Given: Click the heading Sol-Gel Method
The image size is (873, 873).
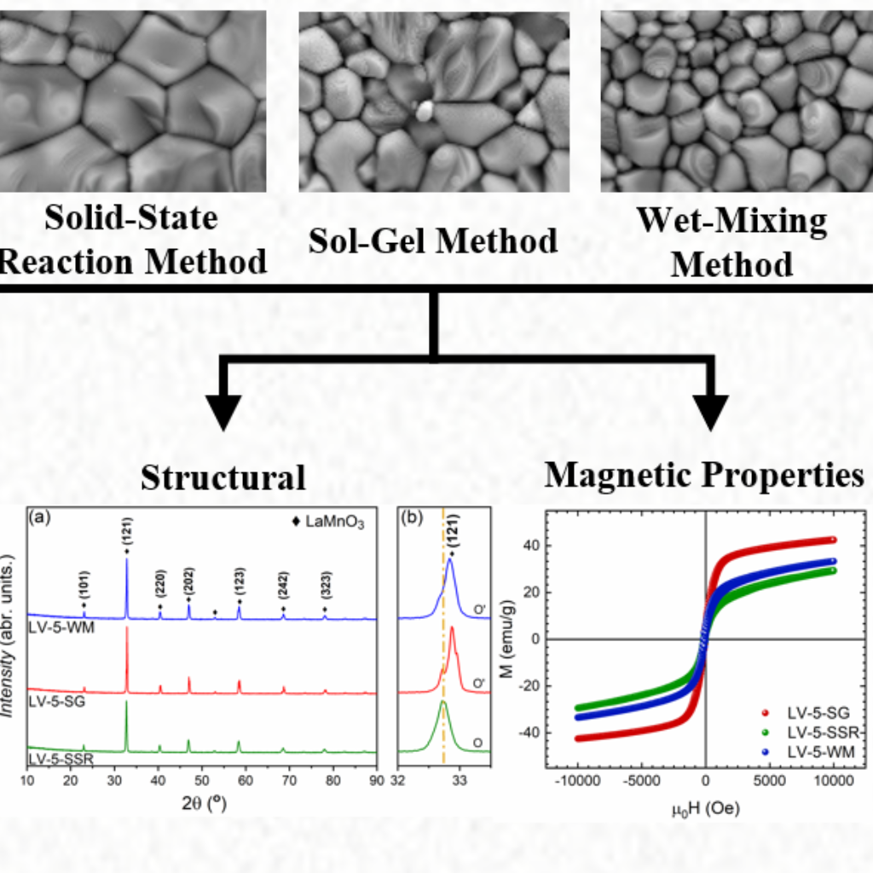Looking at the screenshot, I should point(434,240).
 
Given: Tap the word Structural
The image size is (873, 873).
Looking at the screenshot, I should point(223,477).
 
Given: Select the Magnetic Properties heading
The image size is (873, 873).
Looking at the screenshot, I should point(704,475).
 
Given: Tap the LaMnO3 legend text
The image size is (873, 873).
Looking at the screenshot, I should point(333,523).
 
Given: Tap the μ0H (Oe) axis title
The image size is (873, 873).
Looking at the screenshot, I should point(704,807).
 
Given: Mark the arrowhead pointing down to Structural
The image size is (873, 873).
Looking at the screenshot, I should point(223,410).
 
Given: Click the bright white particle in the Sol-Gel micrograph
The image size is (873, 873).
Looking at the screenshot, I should point(424,108).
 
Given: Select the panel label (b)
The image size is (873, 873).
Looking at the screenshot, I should point(411,517).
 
